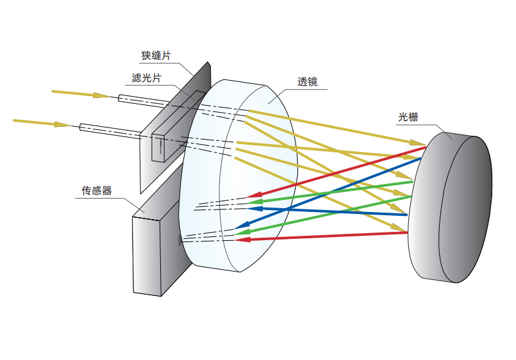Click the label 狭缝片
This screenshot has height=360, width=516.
(x=156, y=56)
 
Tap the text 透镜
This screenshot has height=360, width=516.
(x=308, y=82)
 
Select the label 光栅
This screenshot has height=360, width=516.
(x=408, y=117)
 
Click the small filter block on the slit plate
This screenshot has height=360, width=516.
(x=158, y=147)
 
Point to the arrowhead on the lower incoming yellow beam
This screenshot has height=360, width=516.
(x=63, y=124)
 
